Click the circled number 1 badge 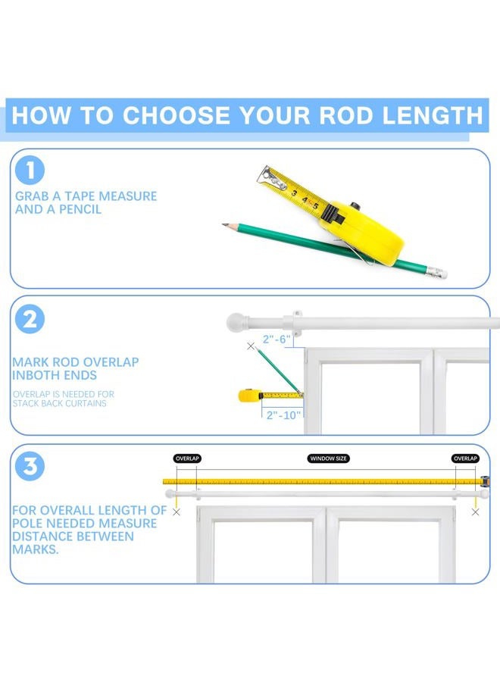pos(30,170)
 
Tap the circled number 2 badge pos(30,319)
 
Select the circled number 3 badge pos(30,466)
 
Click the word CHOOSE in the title pos(176,115)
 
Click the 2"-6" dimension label pos(276,339)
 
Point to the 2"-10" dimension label pos(283,415)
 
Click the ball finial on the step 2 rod pos(236,323)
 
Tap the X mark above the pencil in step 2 pos(251,346)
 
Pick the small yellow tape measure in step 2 pos(248,396)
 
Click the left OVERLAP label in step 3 pos(187,458)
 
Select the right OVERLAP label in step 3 pos(465,458)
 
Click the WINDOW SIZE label pos(328,458)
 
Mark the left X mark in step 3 pos(176,512)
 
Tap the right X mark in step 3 pos(475,512)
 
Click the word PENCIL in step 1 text pos(80,209)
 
